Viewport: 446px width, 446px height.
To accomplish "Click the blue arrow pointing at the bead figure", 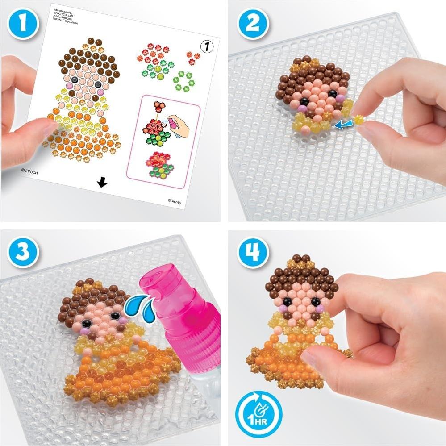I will (342, 125).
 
